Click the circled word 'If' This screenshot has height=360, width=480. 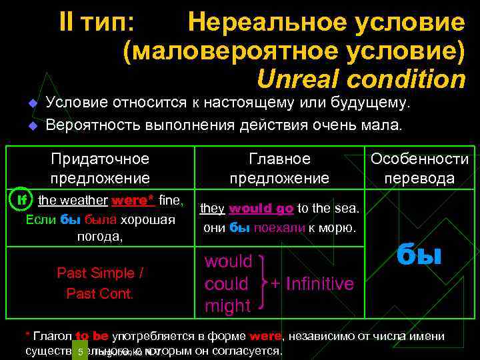(x=22, y=199)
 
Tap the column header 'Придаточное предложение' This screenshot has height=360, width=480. (x=100, y=169)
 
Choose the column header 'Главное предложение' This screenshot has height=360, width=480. (x=279, y=169)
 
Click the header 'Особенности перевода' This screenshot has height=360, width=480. (x=419, y=169)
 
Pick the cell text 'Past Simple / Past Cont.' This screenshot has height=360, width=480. (x=100, y=283)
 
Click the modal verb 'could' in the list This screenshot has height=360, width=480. (x=227, y=283)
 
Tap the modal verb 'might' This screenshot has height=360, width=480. (x=227, y=306)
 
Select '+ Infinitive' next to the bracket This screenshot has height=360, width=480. (x=311, y=283)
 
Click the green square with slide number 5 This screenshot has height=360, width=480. (x=79, y=351)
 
